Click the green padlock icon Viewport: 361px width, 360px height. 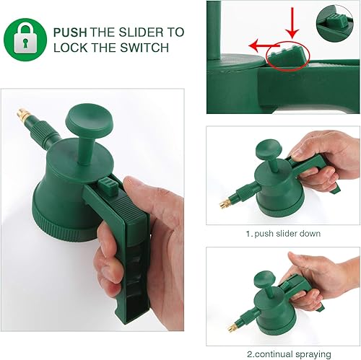coord(26,40)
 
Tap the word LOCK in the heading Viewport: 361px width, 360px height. coord(70,48)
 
